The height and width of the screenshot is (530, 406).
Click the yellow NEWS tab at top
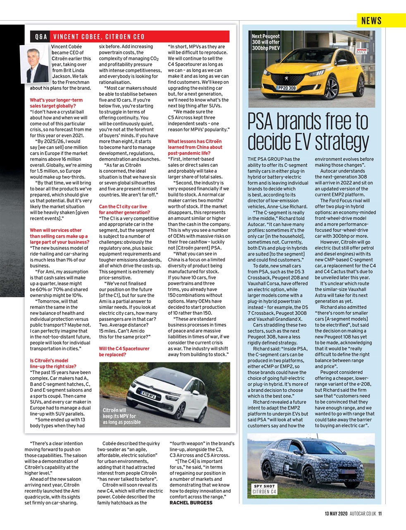tap(371, 20)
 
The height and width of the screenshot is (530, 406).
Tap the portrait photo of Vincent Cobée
tap(35, 65)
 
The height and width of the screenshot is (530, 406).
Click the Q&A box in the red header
tap(41, 36)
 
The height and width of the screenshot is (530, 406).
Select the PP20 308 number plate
tap(287, 88)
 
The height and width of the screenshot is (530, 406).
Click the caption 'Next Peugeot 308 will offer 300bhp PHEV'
tap(266, 42)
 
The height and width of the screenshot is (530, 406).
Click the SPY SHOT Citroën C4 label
tap(265, 489)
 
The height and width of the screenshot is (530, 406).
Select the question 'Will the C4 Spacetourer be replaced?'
tap(124, 352)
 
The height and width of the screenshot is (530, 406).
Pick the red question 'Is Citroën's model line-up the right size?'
tap(53, 364)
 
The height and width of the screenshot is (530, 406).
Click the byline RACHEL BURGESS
tap(191, 503)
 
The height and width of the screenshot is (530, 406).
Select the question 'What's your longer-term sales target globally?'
tap(56, 103)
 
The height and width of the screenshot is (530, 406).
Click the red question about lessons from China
tap(195, 147)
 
